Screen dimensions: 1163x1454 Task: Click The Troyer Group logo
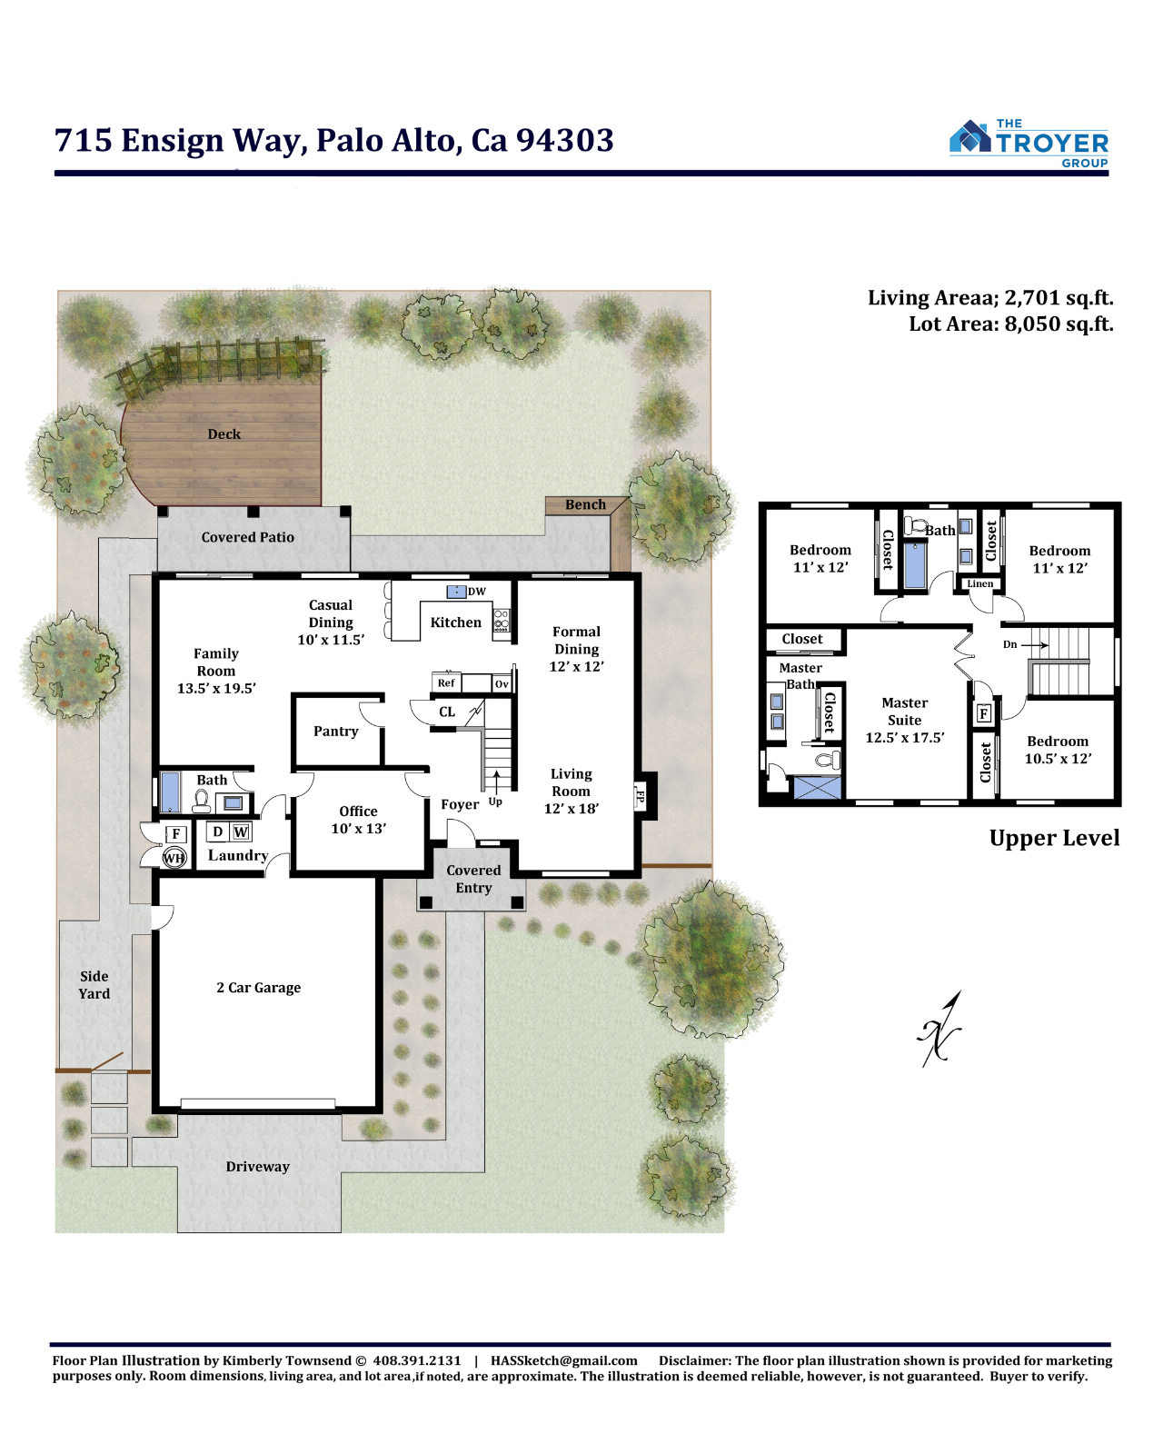click(1029, 144)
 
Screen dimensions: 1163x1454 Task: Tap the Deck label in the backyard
click(224, 433)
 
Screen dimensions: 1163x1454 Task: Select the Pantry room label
click(336, 731)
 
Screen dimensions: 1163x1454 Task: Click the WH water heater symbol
click(174, 858)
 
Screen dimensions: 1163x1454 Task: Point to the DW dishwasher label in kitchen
click(476, 592)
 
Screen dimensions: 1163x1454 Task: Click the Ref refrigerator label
click(446, 683)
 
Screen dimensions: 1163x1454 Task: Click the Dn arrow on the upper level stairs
click(1035, 645)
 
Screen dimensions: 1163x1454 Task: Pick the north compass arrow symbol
click(940, 1029)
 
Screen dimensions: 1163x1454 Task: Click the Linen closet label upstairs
click(979, 583)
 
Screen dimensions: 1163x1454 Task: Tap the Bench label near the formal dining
click(585, 504)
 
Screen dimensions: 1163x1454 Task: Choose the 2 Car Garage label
click(258, 988)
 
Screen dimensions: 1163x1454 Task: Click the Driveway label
click(257, 1166)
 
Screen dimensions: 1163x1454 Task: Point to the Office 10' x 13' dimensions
click(358, 829)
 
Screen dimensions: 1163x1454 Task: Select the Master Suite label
click(904, 712)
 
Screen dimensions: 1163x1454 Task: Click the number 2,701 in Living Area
click(1030, 298)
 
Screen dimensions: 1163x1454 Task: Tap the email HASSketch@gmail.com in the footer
click(563, 1360)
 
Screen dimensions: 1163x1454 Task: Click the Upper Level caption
click(1054, 838)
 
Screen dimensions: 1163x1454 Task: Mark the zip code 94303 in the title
click(565, 140)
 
